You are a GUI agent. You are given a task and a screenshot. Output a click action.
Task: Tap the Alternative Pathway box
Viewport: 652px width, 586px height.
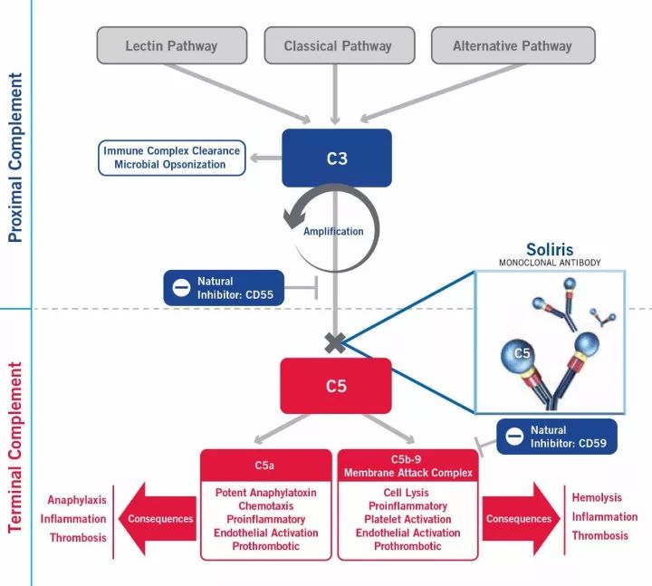point(512,45)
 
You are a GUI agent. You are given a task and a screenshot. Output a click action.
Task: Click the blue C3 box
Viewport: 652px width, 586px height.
point(337,158)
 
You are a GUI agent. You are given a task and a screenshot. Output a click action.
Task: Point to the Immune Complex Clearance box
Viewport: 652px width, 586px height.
point(172,158)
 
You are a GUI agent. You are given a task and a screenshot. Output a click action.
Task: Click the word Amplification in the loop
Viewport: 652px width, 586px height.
point(333,231)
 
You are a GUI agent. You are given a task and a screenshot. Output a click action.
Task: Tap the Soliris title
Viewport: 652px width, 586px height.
point(551,250)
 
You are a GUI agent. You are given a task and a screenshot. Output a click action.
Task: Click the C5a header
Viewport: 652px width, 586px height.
point(264,464)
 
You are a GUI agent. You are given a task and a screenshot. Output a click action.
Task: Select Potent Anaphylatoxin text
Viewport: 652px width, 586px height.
point(264,493)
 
